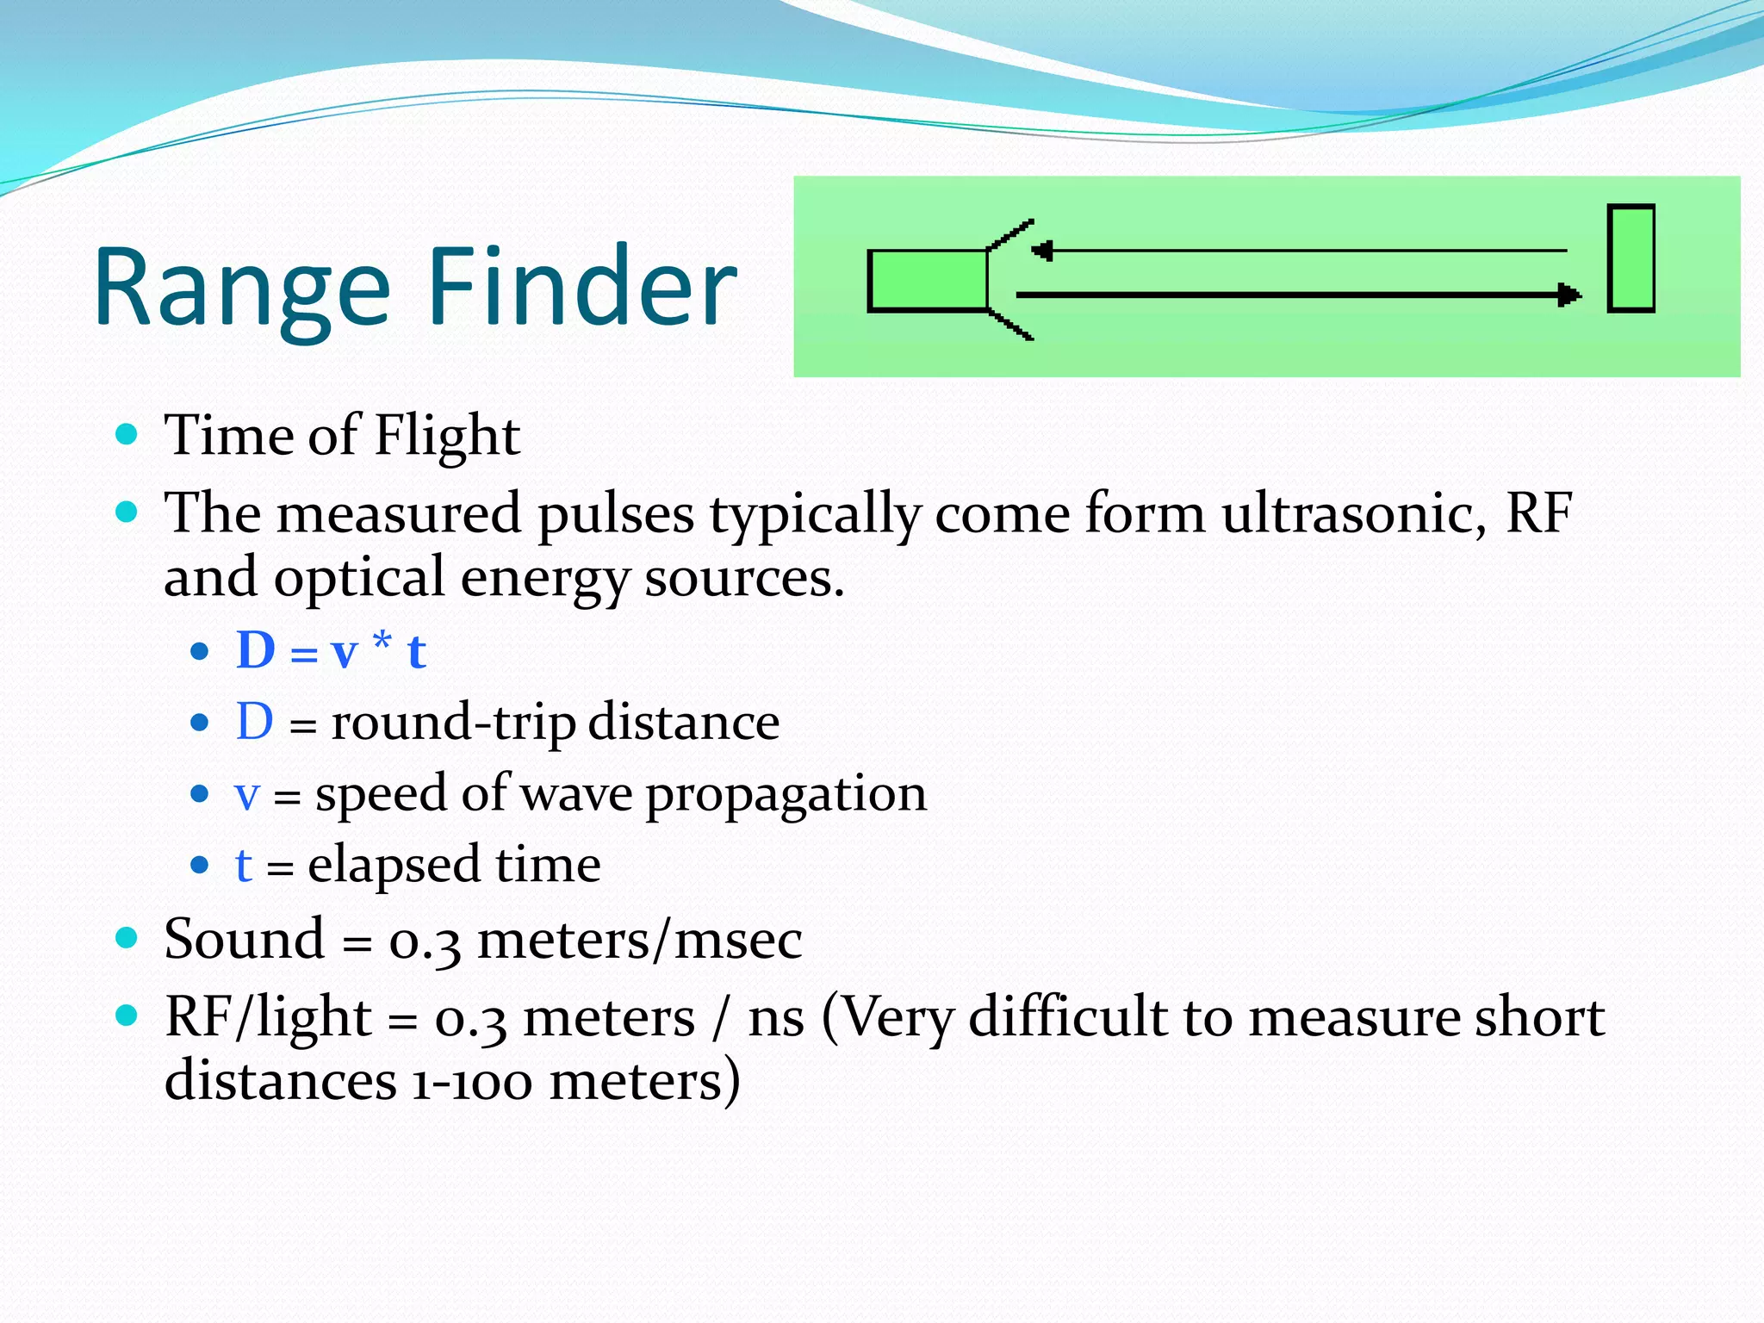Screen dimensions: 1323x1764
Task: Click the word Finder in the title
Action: click(582, 289)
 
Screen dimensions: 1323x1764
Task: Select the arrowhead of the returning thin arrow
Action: click(1042, 251)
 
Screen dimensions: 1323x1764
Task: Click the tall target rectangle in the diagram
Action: click(1630, 258)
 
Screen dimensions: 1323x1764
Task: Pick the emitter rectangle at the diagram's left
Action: click(928, 281)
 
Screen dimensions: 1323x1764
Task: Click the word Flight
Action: click(447, 436)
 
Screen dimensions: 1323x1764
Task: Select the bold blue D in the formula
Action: click(256, 650)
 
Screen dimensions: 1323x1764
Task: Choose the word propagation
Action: click(786, 794)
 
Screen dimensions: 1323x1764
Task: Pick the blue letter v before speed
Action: click(247, 795)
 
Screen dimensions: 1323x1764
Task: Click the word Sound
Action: click(245, 939)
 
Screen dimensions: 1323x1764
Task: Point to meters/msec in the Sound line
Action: click(639, 939)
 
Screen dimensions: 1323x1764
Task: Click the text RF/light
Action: click(268, 1017)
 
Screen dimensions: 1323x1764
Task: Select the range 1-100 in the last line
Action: click(472, 1082)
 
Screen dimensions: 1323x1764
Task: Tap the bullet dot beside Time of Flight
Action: click(127, 433)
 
